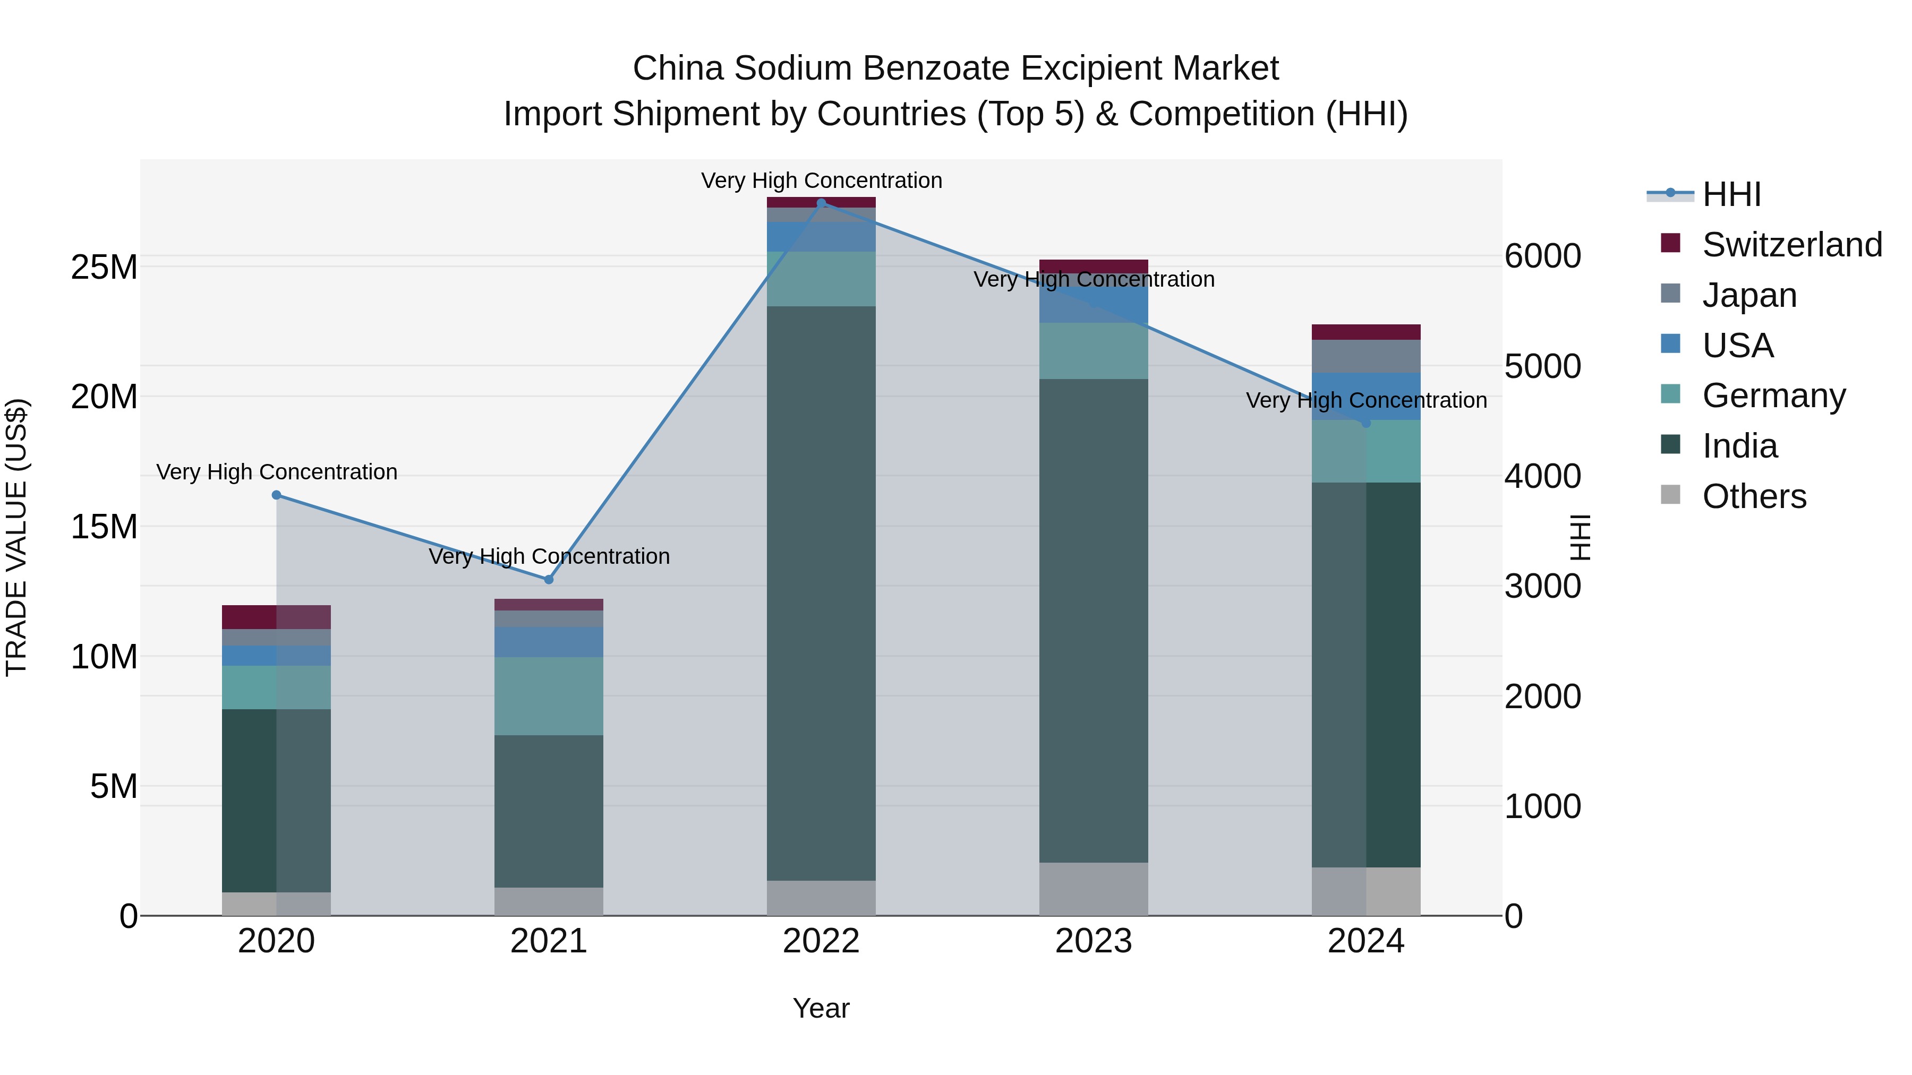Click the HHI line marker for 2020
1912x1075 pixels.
276,495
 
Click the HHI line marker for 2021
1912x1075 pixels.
549,579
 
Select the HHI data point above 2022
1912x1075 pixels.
821,203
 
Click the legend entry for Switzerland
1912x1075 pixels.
1792,245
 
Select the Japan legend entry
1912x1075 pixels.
1749,295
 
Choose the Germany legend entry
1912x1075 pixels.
1773,395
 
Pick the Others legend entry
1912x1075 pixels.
1754,496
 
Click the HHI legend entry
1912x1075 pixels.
1731,194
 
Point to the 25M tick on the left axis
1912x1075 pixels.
104,267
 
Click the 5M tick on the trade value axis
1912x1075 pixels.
114,786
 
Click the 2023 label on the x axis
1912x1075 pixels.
1094,941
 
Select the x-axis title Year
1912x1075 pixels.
821,1008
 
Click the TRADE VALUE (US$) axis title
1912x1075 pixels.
16,537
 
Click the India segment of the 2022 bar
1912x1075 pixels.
821,594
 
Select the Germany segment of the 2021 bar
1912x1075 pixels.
549,696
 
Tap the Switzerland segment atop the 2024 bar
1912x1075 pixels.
1365,332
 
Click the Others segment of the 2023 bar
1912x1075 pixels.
1094,889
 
